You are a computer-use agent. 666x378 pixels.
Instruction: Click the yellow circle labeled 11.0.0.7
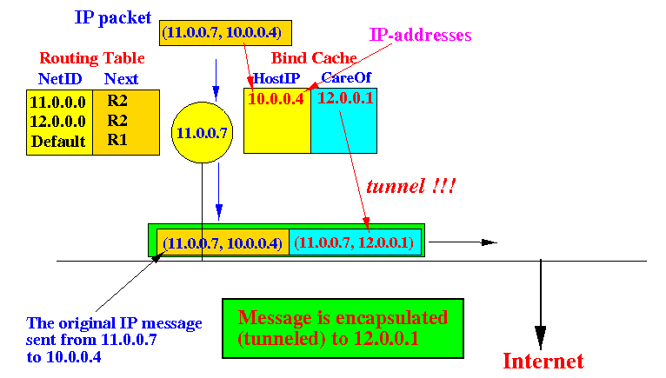point(202,133)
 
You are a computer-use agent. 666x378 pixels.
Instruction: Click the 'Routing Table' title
point(92,59)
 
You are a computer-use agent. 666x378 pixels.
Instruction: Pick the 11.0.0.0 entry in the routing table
point(57,101)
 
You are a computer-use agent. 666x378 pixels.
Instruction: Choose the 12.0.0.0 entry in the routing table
point(57,121)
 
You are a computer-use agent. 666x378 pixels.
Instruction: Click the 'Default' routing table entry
point(58,141)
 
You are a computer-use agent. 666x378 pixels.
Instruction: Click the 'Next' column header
point(121,79)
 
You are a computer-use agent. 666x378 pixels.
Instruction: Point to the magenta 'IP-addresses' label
point(420,36)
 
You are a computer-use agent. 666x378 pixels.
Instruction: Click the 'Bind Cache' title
point(314,58)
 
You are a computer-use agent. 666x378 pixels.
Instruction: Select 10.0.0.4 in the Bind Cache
point(276,98)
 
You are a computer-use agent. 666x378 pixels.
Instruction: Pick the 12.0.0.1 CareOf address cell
point(346,98)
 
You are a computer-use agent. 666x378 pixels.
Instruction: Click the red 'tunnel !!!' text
point(410,186)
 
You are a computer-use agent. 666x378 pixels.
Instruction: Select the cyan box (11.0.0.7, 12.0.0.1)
point(353,242)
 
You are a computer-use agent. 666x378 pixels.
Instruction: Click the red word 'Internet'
point(543,361)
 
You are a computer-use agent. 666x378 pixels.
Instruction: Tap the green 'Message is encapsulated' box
point(343,328)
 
